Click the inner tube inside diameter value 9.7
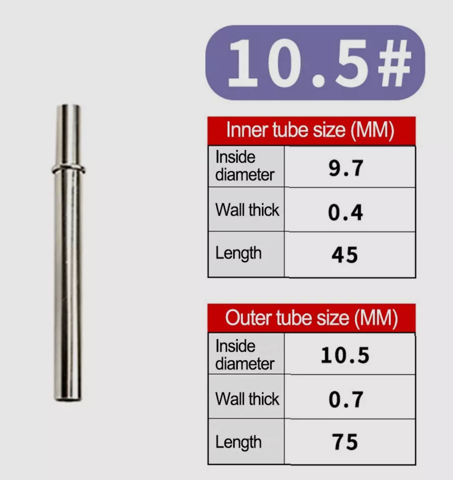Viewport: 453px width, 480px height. click(346, 168)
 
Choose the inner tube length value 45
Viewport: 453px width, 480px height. click(345, 254)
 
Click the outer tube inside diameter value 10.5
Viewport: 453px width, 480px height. click(345, 355)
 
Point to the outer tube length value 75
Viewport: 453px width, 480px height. click(345, 442)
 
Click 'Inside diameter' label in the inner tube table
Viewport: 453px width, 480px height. click(244, 166)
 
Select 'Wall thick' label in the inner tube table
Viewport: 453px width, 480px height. click(247, 210)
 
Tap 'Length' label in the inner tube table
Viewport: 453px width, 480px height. click(238, 253)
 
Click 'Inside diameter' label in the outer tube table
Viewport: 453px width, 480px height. click(244, 354)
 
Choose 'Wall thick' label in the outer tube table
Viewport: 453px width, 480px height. click(247, 399)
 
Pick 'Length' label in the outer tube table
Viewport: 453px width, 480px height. click(238, 442)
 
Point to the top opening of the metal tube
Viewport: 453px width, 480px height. click(68, 107)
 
